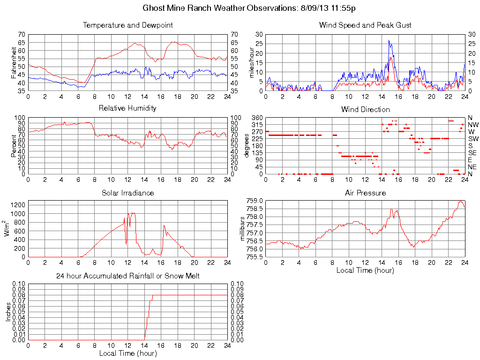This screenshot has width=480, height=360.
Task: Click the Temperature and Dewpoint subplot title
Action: [x=127, y=25]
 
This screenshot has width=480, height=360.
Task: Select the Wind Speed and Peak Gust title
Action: [x=365, y=25]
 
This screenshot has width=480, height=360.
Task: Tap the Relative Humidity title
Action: [x=127, y=108]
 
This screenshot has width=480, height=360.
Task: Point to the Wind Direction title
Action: [x=365, y=109]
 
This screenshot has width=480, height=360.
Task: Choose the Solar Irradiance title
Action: [x=127, y=193]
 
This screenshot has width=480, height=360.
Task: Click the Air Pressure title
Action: [x=365, y=193]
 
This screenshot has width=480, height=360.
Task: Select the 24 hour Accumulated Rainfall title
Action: [x=127, y=276]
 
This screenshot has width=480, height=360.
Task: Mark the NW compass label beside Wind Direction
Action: [x=472, y=125]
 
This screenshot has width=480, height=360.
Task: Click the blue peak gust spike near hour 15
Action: [x=389, y=41]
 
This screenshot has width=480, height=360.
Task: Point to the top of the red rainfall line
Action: [x=152, y=296]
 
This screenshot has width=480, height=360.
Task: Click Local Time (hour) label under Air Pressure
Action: [x=365, y=270]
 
